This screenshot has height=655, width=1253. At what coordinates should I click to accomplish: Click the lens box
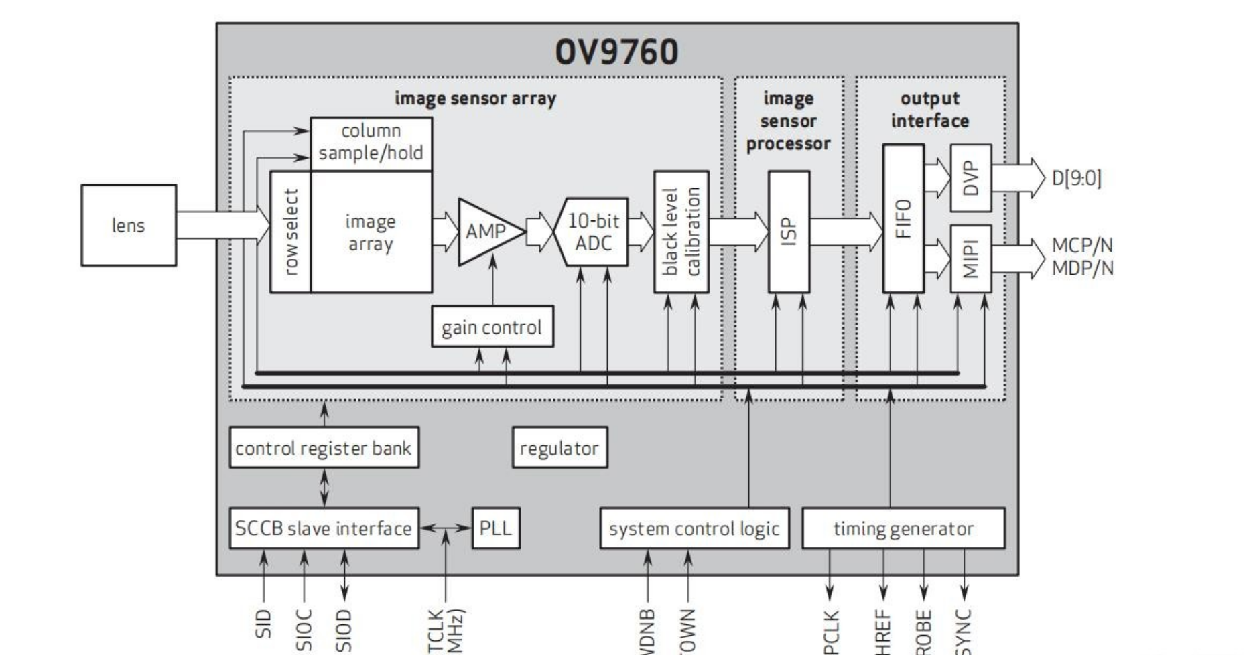point(129,226)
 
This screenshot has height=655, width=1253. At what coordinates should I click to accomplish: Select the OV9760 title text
point(616,52)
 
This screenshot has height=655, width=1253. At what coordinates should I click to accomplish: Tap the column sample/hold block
point(371,143)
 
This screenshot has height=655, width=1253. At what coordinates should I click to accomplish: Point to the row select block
point(291,232)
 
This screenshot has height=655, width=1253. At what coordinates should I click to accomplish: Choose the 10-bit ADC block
point(592,232)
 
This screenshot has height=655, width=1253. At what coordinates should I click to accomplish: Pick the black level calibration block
point(681,232)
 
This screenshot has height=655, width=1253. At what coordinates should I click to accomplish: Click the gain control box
point(492,327)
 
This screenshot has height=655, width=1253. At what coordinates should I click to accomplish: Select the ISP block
point(789,232)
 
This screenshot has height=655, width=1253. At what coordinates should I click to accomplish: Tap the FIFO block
point(903,218)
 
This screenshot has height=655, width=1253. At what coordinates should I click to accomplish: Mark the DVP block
point(970,178)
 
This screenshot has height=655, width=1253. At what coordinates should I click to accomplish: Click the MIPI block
point(970,259)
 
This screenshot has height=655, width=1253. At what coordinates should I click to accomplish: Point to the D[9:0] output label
point(1076,179)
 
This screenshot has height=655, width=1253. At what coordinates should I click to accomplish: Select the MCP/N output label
point(1082,246)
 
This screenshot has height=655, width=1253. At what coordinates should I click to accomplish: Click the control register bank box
point(324,447)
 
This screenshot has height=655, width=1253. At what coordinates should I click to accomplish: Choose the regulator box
point(559,447)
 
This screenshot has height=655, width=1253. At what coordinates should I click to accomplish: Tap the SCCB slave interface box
point(324,528)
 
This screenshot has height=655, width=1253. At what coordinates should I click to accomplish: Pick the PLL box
point(496,528)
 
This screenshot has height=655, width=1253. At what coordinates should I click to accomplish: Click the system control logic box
point(694,528)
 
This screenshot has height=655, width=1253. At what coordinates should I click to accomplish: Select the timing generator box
point(903,528)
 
